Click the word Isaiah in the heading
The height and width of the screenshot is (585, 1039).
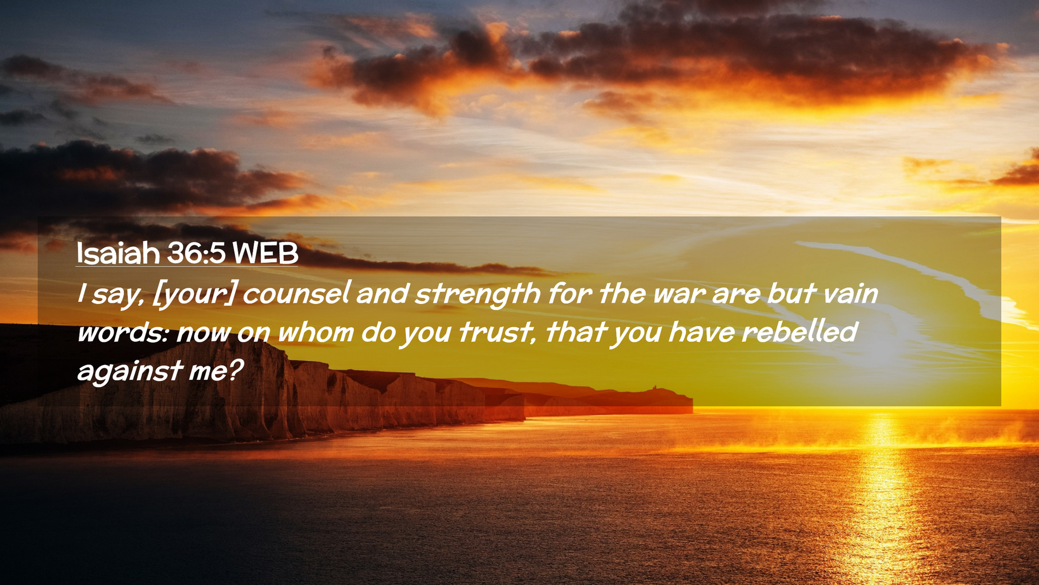pyautogui.click(x=118, y=253)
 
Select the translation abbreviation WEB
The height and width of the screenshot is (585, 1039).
pyautogui.click(x=265, y=253)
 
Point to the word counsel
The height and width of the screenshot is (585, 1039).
pyautogui.click(x=297, y=293)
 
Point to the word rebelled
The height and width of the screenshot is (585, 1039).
pyautogui.click(x=800, y=331)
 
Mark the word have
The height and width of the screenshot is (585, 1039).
pyautogui.click(x=701, y=331)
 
